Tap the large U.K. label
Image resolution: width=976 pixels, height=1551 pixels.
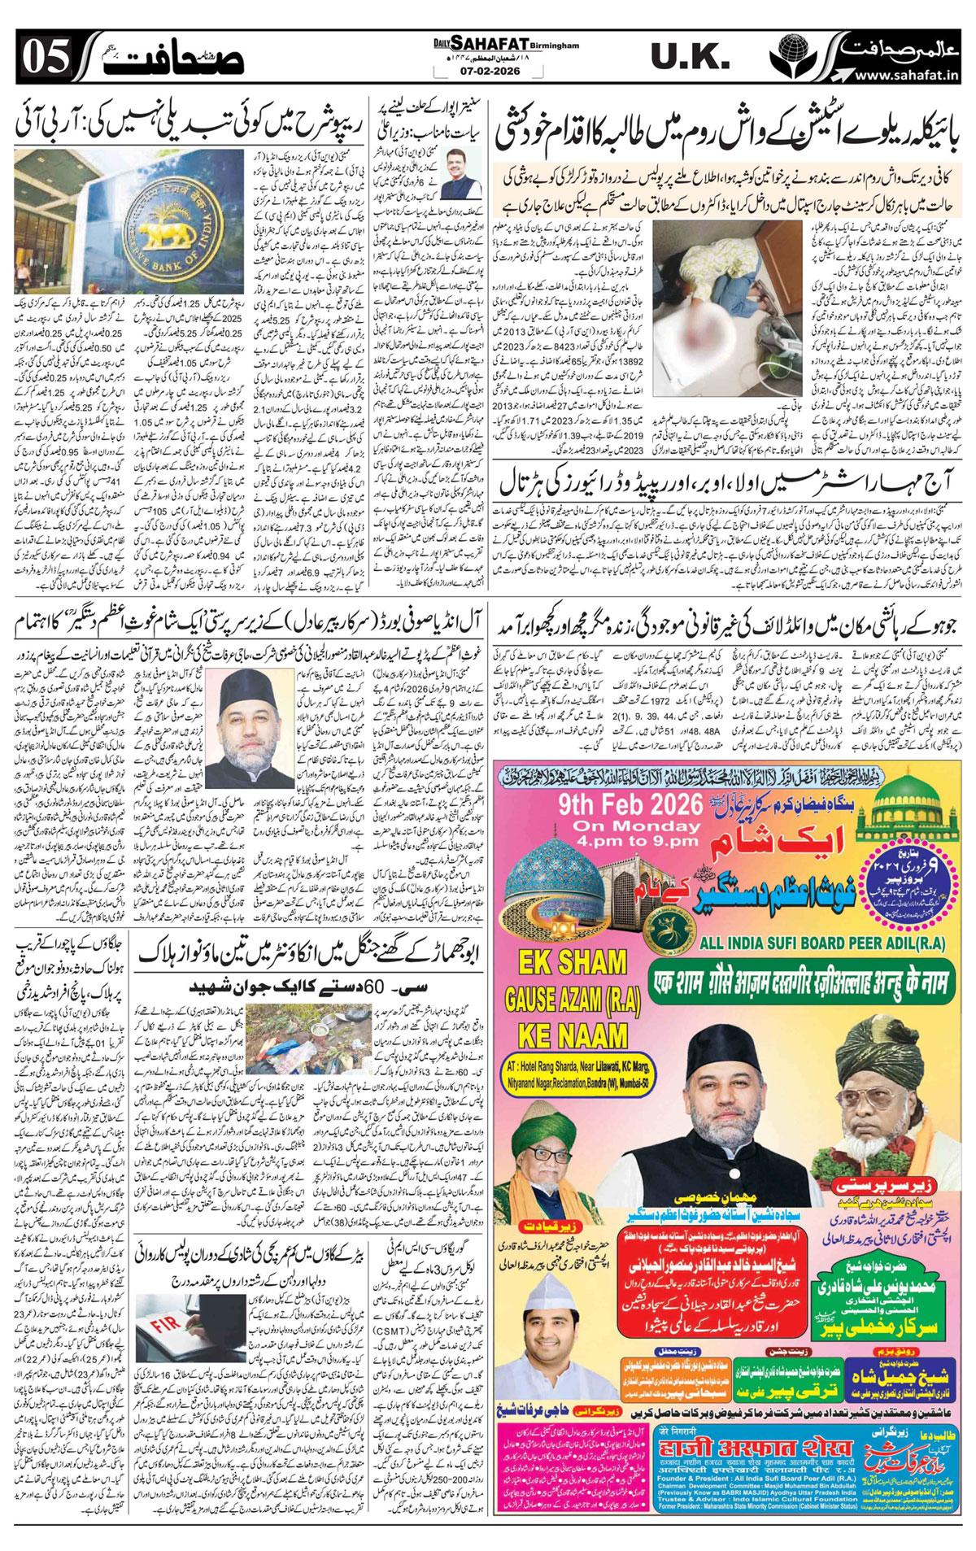(690, 57)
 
